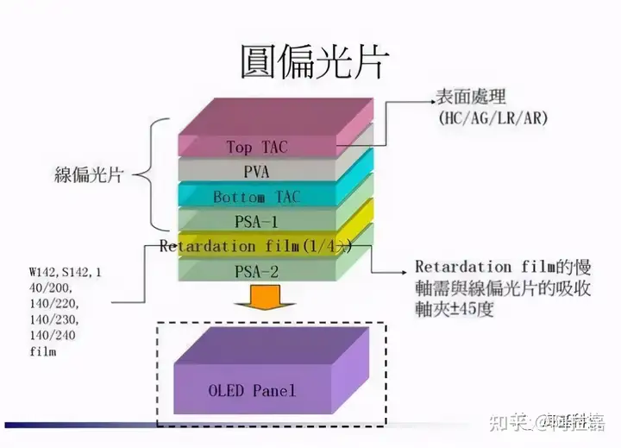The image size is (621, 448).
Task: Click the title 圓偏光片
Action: [x=313, y=61]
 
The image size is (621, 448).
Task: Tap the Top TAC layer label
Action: [x=257, y=147]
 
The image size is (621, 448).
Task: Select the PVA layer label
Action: [x=256, y=172]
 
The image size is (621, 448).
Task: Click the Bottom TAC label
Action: [x=256, y=198]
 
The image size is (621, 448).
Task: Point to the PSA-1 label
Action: [x=256, y=222]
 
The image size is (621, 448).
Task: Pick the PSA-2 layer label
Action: [x=256, y=272]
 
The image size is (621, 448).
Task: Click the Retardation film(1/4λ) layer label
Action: [x=256, y=246]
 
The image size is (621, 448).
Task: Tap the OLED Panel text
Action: [x=251, y=390]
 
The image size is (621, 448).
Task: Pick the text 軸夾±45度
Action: [x=455, y=309]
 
